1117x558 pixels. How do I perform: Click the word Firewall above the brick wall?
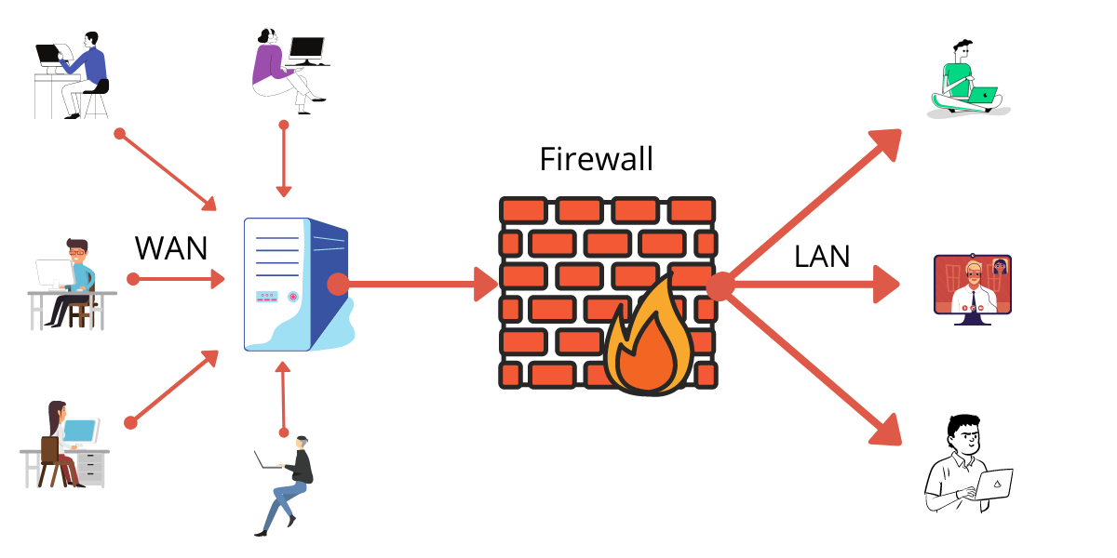(596, 159)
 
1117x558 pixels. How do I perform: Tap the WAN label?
(171, 248)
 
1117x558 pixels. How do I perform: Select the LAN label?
(822, 256)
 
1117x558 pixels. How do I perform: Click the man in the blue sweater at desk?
(74, 74)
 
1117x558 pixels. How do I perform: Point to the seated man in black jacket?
(289, 484)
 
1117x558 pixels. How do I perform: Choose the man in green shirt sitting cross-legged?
(963, 81)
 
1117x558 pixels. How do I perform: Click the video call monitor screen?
(972, 285)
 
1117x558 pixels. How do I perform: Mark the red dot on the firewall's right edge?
(719, 286)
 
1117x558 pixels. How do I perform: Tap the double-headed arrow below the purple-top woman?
(283, 158)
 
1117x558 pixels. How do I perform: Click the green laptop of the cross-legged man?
(982, 95)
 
